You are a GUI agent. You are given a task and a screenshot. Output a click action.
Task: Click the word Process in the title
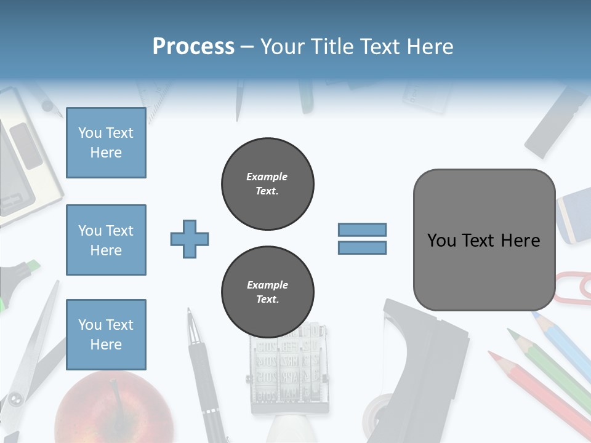[193, 46]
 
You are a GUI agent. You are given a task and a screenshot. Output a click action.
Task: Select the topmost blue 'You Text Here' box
[106, 143]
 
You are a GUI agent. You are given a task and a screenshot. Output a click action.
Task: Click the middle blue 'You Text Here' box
[106, 240]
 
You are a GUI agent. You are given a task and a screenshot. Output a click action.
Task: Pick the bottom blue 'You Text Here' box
[106, 334]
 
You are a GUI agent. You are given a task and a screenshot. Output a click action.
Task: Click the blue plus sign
[190, 239]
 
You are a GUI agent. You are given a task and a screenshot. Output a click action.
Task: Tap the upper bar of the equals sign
[362, 229]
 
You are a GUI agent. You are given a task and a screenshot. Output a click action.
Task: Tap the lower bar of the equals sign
[362, 247]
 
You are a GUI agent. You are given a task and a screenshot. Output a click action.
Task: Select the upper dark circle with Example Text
[267, 184]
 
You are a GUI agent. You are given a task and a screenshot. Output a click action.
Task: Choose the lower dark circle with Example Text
[267, 292]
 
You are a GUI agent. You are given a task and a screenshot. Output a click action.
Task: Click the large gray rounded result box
[484, 240]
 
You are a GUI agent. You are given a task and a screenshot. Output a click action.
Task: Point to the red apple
[114, 409]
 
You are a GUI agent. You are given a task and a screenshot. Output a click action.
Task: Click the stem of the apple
[115, 391]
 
